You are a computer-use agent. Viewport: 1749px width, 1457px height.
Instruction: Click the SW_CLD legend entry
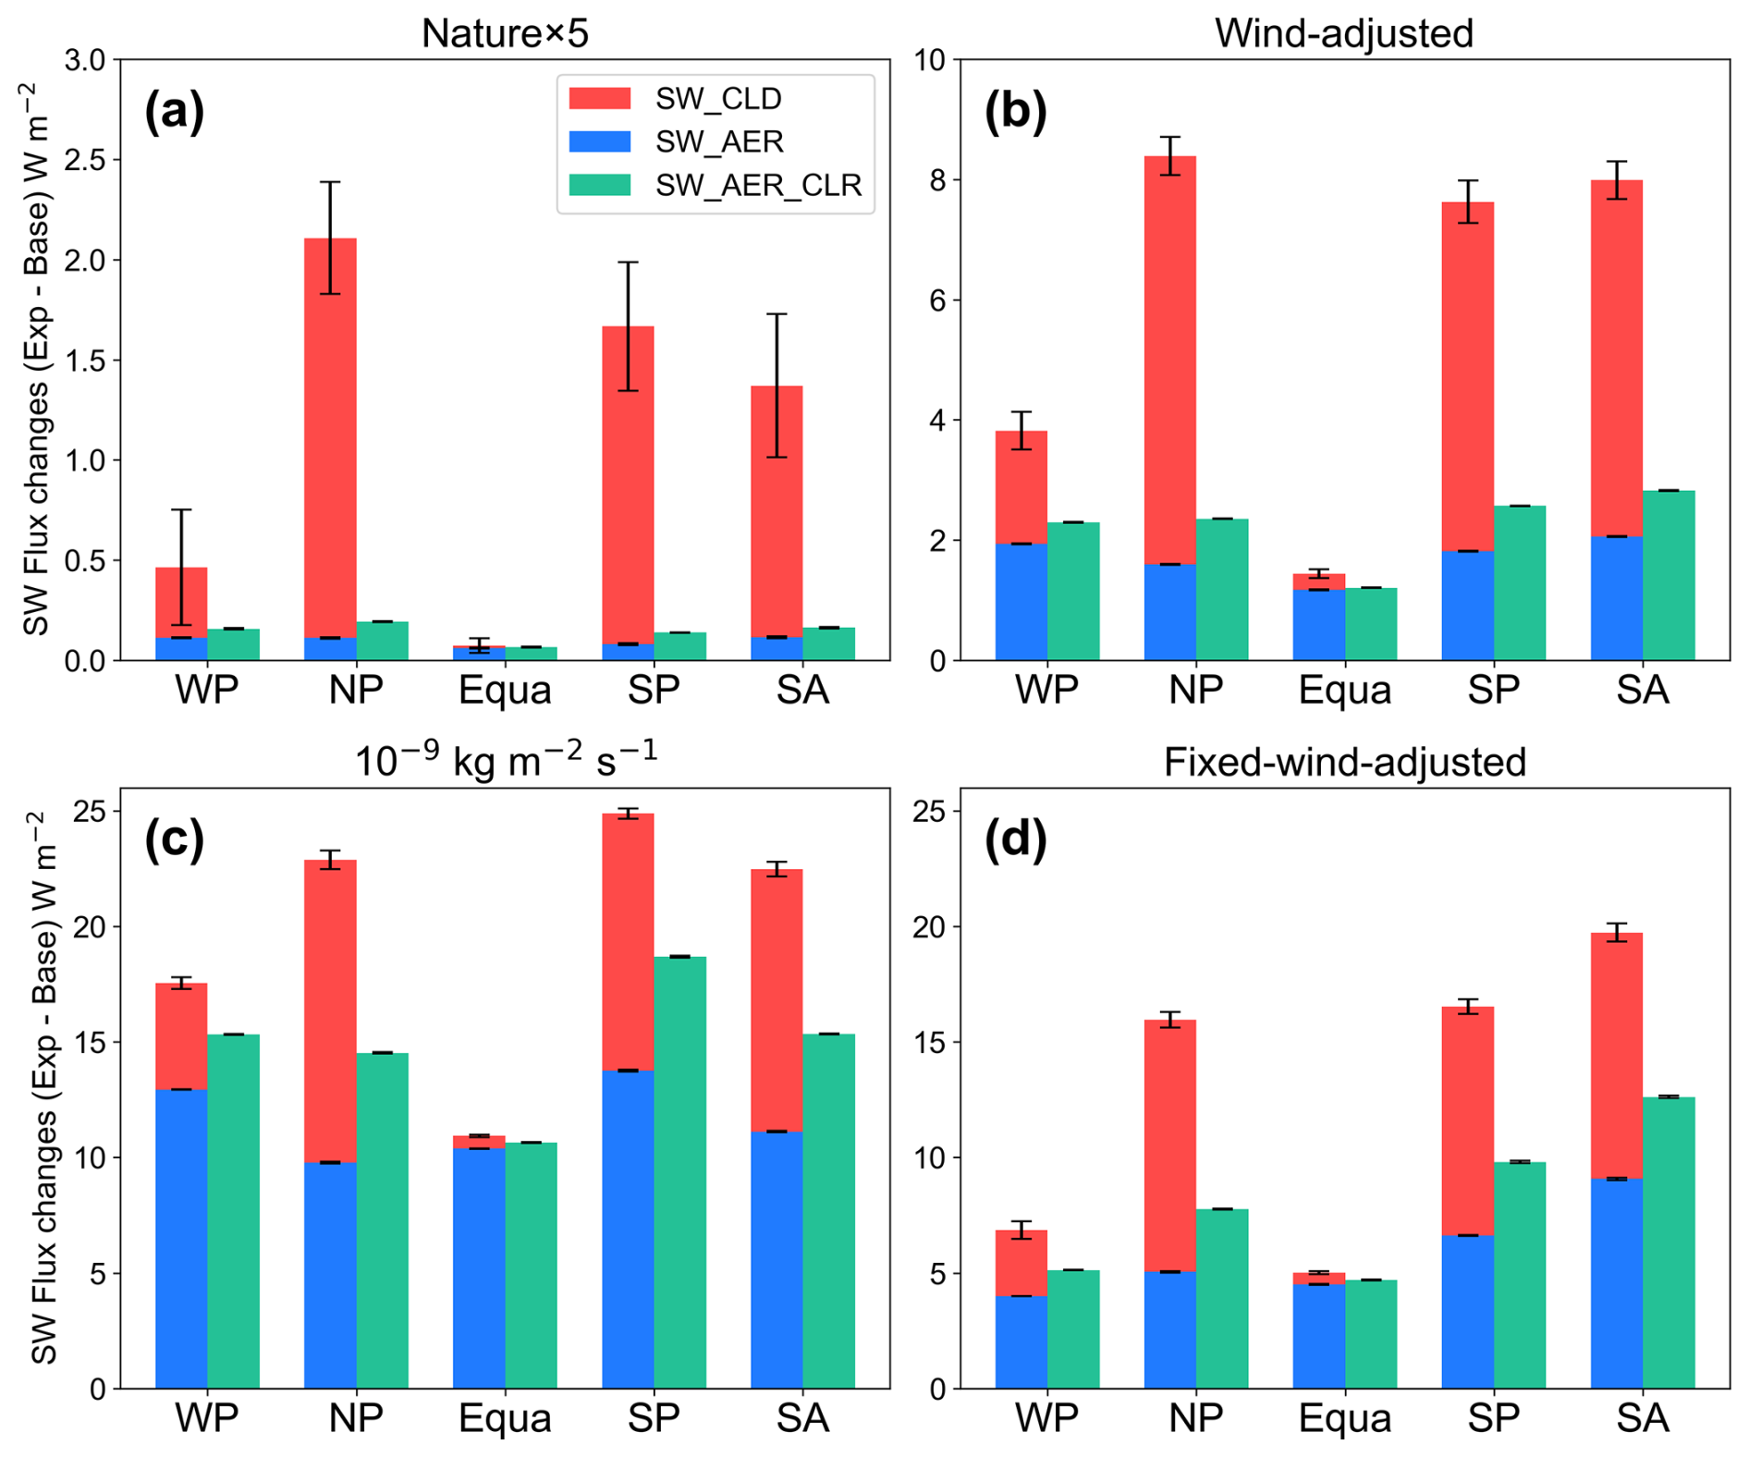click(x=717, y=99)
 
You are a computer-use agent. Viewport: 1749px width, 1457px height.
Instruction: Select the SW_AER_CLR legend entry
click(x=757, y=185)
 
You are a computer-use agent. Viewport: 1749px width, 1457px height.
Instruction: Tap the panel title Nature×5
click(x=505, y=33)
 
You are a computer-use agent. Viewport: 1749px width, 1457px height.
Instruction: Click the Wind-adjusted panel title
click(x=1344, y=33)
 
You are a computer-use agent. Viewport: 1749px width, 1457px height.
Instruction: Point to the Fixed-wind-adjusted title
click(x=1344, y=762)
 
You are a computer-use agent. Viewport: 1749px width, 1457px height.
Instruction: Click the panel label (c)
click(x=174, y=840)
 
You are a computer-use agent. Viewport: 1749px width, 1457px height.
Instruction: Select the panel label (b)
click(x=1015, y=112)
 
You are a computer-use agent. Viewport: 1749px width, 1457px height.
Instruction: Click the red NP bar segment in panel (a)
click(x=330, y=435)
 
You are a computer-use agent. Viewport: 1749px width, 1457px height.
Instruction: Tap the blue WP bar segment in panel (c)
click(x=181, y=1239)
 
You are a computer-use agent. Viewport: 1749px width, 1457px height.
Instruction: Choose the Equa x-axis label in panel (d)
click(x=1344, y=1418)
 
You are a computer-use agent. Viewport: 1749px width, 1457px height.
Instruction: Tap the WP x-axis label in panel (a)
click(x=207, y=690)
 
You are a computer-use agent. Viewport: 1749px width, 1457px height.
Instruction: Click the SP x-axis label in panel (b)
click(x=1494, y=690)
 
